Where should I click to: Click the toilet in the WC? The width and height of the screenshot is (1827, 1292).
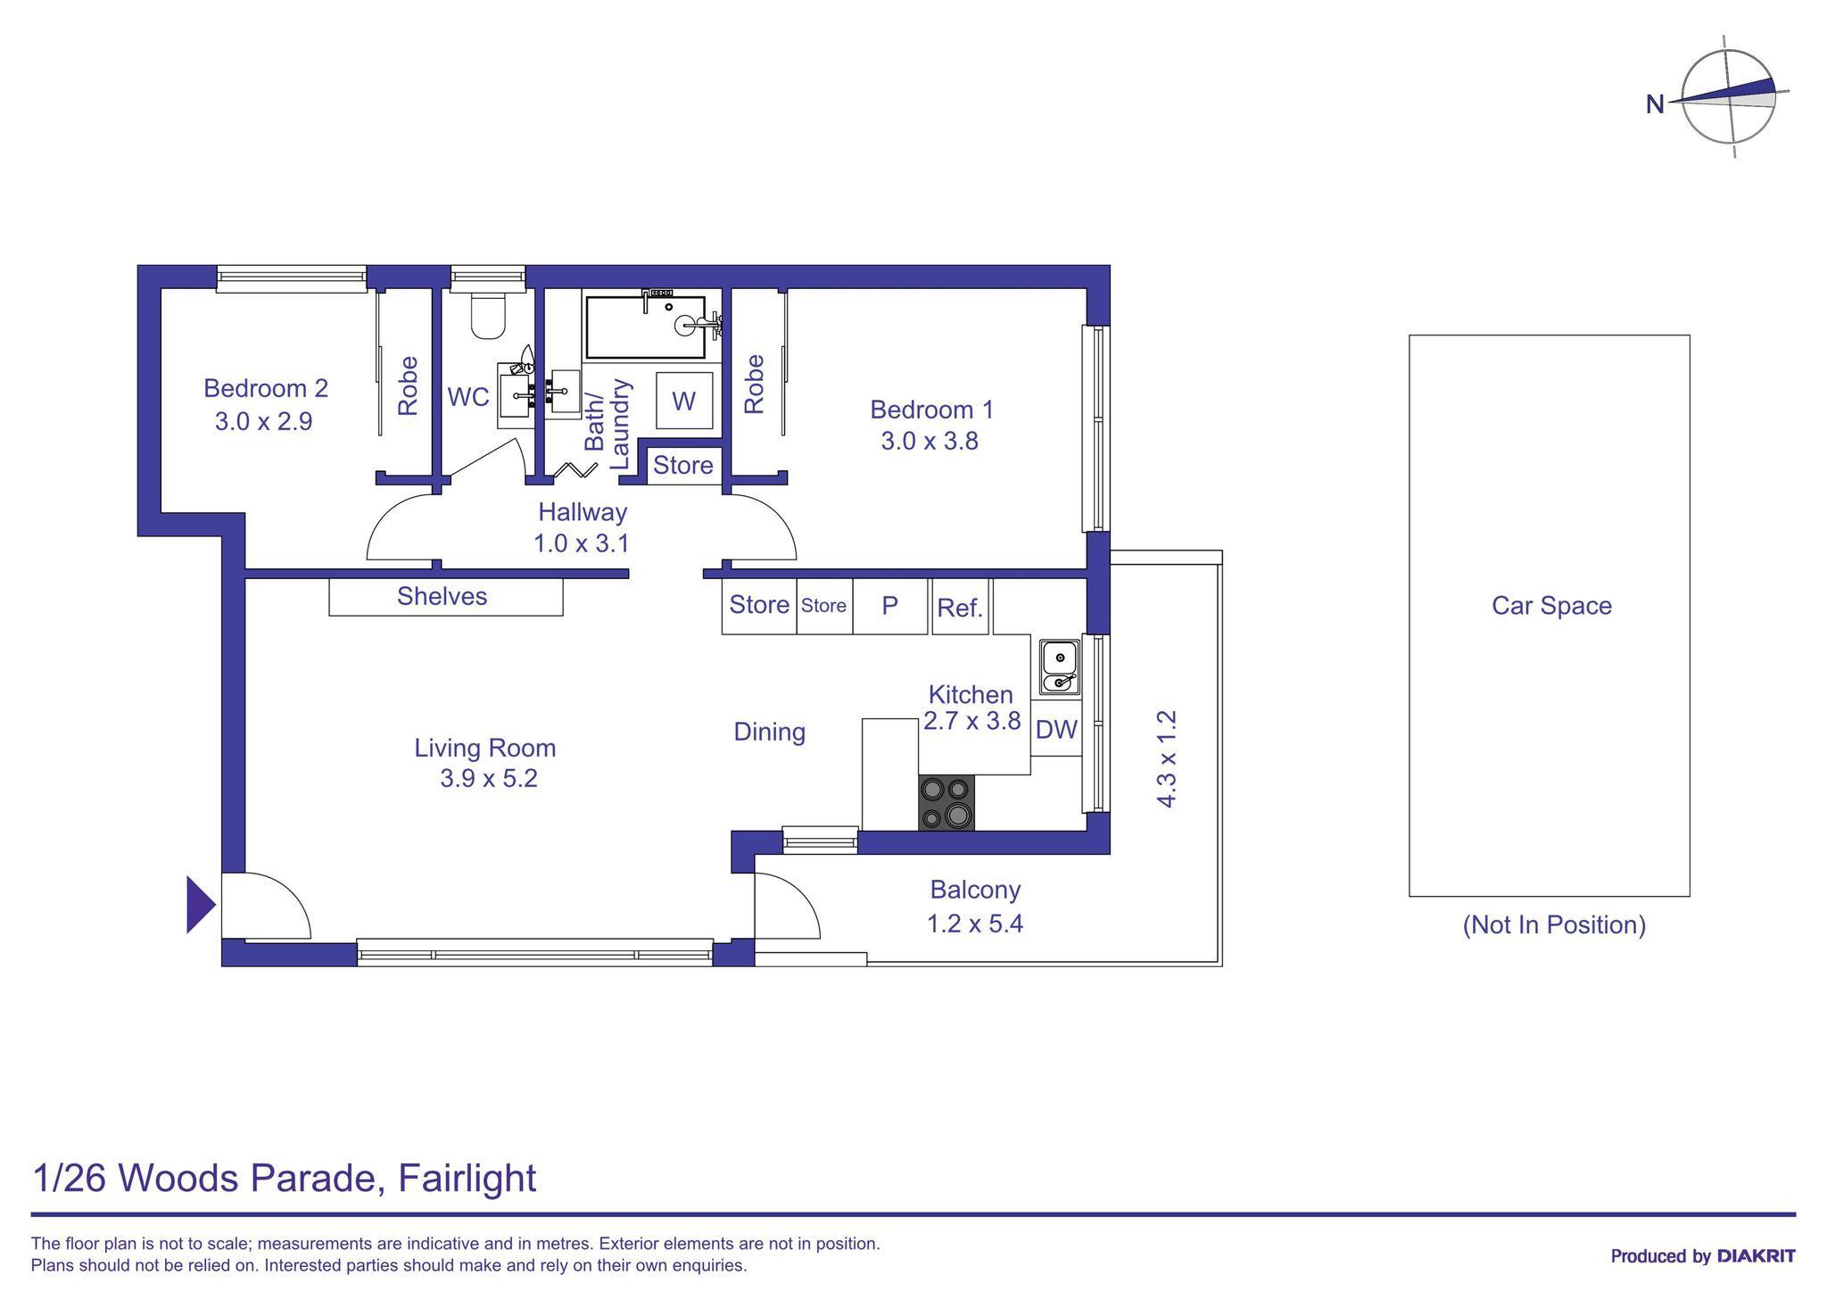488,316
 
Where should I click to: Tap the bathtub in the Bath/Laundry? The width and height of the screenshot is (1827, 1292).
645,327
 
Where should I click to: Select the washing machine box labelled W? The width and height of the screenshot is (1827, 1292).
683,401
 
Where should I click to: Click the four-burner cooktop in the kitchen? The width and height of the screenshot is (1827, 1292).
947,802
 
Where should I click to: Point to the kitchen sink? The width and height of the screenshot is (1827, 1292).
1059,667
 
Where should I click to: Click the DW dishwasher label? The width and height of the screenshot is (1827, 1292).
1056,730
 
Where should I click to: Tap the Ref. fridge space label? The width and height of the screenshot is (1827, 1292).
960,608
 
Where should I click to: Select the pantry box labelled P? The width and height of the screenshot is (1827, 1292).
889,606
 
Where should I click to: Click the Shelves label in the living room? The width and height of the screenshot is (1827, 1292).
442,596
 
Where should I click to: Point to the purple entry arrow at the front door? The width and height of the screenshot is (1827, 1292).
200,905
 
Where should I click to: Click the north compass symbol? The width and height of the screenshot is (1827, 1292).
1727,97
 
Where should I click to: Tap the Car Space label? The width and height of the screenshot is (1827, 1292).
1551,606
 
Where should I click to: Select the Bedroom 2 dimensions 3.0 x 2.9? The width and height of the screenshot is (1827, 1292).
263,421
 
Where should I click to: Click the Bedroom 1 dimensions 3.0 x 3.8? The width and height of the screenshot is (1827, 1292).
930,442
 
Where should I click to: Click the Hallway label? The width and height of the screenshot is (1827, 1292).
583,512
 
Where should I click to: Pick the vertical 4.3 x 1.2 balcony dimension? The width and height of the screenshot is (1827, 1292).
1167,758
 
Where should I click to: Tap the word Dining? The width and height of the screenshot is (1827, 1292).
769,732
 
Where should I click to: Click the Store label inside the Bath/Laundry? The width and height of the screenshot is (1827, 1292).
683,465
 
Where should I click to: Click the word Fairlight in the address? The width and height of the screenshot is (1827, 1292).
467,1178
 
